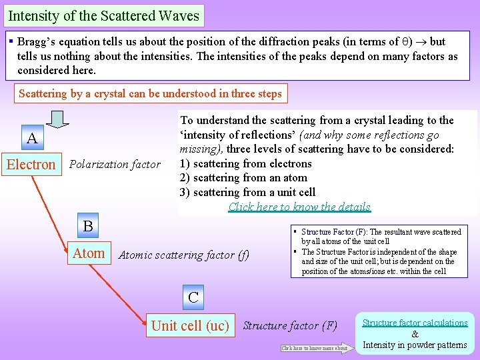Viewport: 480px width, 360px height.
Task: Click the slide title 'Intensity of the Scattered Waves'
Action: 103,15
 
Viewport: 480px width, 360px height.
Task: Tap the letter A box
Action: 31,139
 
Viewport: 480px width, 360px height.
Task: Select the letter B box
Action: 88,226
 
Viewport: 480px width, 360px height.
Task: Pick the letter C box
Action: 193,297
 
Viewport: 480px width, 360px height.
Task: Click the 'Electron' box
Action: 31,164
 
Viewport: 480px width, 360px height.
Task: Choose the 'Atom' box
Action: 89,253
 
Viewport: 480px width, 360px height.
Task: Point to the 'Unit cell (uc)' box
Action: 190,326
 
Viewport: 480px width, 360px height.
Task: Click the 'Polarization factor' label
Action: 115,164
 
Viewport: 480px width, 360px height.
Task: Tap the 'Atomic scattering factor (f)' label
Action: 183,255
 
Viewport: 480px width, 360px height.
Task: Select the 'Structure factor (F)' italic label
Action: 290,326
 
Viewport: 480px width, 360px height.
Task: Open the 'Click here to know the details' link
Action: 299,207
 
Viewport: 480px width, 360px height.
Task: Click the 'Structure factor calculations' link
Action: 415,323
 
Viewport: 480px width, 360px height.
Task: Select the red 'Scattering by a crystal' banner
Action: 150,94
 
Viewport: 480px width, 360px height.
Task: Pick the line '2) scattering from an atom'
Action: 243,178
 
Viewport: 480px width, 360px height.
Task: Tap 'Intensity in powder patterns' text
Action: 415,345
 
